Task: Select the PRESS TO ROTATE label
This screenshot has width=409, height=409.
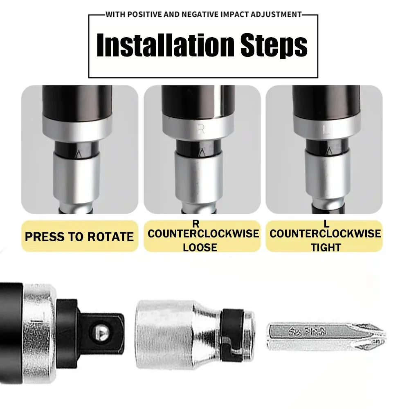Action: (x=79, y=237)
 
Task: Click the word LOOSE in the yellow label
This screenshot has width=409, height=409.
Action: (x=200, y=247)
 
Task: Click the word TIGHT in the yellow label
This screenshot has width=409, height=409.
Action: (x=326, y=247)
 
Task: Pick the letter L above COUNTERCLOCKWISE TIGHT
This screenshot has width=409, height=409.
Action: (x=326, y=223)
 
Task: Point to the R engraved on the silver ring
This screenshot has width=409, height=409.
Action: (x=201, y=130)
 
